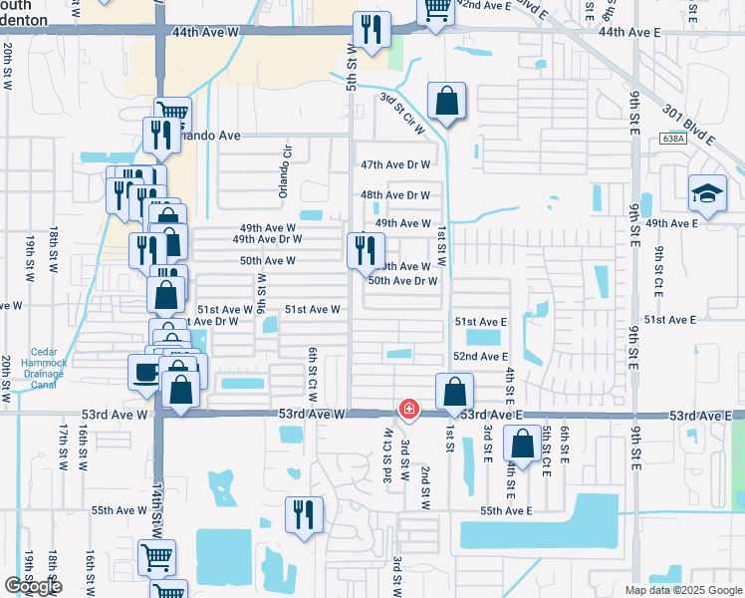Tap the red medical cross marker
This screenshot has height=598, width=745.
[408, 410]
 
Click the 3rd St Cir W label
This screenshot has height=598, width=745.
[402, 112]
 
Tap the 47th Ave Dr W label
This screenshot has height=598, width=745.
[395, 164]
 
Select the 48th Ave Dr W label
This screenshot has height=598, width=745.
[395, 195]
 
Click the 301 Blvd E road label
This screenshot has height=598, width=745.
[698, 111]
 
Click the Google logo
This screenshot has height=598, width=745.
[33, 586]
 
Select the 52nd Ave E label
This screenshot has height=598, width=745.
[481, 356]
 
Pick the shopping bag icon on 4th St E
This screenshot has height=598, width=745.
[522, 445]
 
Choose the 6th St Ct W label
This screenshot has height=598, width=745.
[312, 369]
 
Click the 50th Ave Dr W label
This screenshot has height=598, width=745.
[403, 281]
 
